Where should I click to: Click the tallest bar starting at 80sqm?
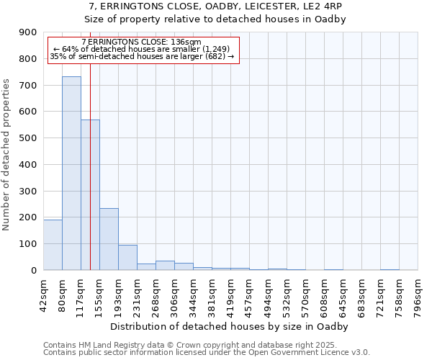point(71,173)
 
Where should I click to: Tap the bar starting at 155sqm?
point(109,239)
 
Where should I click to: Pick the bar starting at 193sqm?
point(127,257)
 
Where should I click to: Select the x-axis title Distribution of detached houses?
point(230,327)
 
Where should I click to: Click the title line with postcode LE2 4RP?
point(215,6)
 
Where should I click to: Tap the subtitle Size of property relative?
point(215,19)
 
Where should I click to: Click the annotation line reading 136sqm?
point(142,42)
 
